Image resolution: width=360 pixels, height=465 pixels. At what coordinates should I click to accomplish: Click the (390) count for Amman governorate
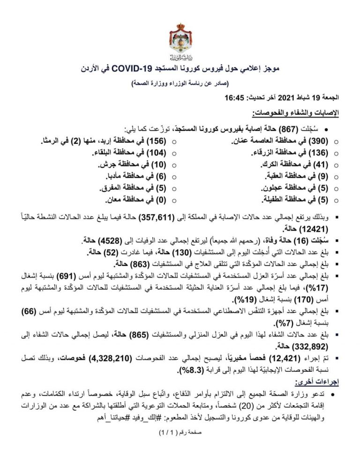pyautogui.click(x=322, y=141)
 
